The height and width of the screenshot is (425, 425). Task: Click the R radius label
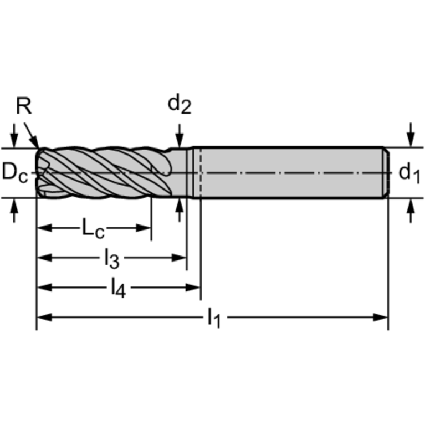[x=24, y=106]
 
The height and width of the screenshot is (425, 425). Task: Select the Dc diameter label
[x=15, y=172]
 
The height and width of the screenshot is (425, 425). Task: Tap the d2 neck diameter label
[x=180, y=105]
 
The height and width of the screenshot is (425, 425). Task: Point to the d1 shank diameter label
[x=409, y=173]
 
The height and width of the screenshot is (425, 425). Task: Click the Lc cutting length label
[x=93, y=229]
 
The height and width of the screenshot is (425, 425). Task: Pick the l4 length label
[x=119, y=288]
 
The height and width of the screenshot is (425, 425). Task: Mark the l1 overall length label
[x=214, y=318]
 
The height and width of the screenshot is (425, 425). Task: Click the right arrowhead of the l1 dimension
[x=381, y=318]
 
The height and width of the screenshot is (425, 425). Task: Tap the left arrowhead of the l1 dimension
[x=44, y=318]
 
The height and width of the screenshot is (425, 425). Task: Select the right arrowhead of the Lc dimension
[x=144, y=228]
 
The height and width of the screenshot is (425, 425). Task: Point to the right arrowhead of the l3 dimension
[x=179, y=258]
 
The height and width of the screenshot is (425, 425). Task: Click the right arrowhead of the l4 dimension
[x=193, y=288]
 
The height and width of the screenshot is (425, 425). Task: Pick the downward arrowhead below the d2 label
[x=179, y=140]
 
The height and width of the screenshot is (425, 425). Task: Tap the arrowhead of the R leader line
[x=35, y=142]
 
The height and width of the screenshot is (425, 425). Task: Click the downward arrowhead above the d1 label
[x=411, y=140]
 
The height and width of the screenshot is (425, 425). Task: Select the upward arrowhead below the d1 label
[x=411, y=207]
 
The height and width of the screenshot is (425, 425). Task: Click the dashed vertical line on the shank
[x=201, y=173]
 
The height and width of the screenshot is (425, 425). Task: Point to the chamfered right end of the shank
[x=387, y=173]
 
